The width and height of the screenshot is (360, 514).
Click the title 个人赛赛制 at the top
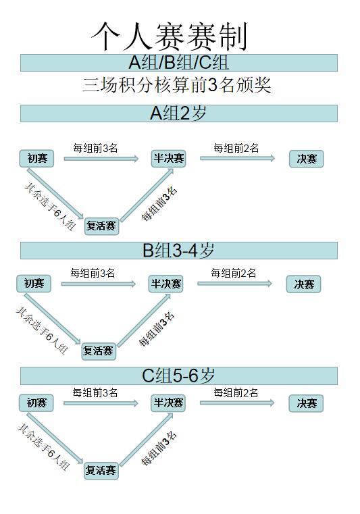click(169, 36)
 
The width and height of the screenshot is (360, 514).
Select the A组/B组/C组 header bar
click(179, 63)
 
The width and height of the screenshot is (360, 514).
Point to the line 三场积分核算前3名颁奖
click(176, 84)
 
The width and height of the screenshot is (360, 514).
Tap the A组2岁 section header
click(179, 113)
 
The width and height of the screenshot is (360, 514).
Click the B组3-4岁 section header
click(179, 251)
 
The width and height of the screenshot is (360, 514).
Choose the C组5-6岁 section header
click(179, 376)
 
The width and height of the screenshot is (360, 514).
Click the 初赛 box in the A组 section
click(36, 159)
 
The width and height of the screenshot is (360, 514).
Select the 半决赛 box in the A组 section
click(169, 159)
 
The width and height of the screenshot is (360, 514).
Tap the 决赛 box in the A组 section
click(307, 159)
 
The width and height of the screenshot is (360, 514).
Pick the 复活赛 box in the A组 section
click(101, 226)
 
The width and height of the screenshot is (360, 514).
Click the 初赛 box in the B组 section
click(34, 284)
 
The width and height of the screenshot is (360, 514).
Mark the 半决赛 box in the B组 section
click(165, 284)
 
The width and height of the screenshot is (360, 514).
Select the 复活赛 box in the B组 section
click(99, 351)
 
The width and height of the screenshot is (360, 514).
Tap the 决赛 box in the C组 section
click(306, 403)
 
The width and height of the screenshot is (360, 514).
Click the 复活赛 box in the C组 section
click(101, 471)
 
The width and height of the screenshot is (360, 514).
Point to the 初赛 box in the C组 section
click(36, 403)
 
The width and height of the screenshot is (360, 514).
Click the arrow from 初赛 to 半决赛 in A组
click(101, 159)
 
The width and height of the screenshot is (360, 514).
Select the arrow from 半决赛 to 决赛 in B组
click(235, 283)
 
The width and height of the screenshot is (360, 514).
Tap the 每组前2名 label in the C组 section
click(236, 392)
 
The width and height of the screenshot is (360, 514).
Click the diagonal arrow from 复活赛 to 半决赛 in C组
click(147, 440)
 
